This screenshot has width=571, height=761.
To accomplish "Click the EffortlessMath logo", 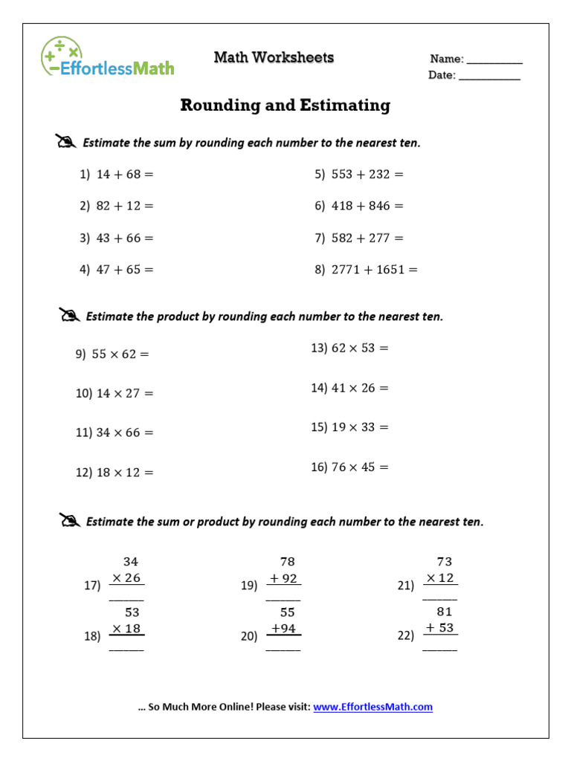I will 108,57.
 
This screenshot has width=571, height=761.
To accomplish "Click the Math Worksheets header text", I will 274,57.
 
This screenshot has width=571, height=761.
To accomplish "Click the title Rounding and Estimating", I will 285,106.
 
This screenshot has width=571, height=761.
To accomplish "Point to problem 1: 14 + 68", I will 117,174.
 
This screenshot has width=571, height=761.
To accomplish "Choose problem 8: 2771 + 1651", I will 366,270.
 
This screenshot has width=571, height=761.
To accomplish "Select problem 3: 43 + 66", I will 117,239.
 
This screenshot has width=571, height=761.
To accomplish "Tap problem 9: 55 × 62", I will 112,354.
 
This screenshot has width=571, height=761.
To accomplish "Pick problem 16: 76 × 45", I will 349,467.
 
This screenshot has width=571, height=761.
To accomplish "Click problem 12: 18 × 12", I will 114,473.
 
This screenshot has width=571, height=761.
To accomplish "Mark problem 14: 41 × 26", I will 349,388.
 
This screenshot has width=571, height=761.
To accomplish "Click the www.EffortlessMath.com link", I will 372,707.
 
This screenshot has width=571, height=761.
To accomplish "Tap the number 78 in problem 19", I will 287,562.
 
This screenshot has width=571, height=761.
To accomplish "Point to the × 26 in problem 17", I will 126,578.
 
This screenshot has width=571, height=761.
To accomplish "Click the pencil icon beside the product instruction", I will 69,316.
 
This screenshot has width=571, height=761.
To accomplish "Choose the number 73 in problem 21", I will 444,562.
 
